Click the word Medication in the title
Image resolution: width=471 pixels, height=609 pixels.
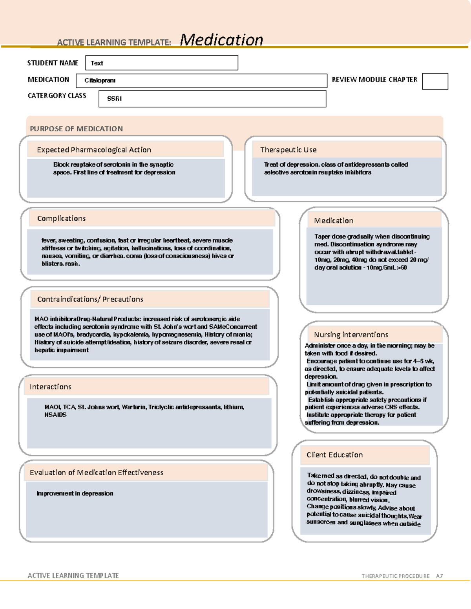tap(221, 40)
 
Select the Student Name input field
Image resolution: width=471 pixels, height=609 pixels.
tap(161, 63)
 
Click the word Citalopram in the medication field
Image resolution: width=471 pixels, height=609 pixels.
tap(100, 80)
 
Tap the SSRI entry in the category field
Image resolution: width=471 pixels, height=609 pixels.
tap(114, 99)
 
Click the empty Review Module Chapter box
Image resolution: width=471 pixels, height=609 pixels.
tap(435, 81)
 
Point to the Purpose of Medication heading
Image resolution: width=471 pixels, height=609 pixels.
tap(76, 129)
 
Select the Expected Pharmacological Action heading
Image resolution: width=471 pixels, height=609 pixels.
tap(94, 150)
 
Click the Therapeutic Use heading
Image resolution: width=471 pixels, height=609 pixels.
tap(288, 150)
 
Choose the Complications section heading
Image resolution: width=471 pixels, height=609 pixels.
tap(61, 218)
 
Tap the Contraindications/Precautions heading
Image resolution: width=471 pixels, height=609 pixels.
tap(90, 299)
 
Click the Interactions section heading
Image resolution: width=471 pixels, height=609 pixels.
tap(50, 387)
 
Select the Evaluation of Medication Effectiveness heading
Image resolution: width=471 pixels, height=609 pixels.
tap(96, 473)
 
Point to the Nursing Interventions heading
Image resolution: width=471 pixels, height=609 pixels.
tap(351, 334)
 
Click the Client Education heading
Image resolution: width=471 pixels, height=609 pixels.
tap(334, 455)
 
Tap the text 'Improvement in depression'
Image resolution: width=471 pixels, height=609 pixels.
tap(75, 493)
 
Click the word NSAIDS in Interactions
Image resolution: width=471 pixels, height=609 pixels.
tap(55, 415)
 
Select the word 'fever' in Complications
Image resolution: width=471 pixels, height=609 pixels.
tap(49, 240)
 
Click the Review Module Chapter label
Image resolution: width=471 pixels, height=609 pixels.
tap(374, 80)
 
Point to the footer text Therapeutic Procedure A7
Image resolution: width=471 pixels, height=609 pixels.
tap(402, 576)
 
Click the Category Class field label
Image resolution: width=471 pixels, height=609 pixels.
tap(57, 96)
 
